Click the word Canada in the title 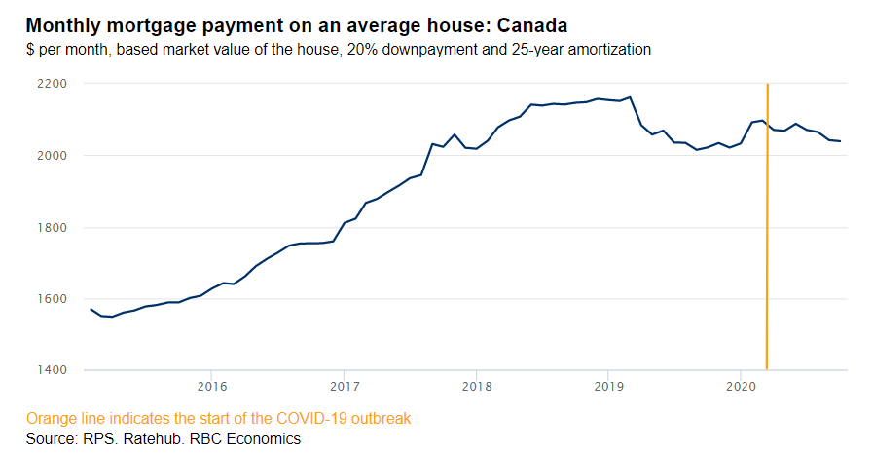531,23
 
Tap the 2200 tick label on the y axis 51,85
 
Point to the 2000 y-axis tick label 51,156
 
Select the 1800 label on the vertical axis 51,228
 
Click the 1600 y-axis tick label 51,299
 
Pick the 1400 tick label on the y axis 51,371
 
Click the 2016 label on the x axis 211,384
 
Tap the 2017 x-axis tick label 343,384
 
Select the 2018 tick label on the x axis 475,384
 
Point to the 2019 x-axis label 607,384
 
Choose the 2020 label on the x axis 740,384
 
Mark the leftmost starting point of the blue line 91,309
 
